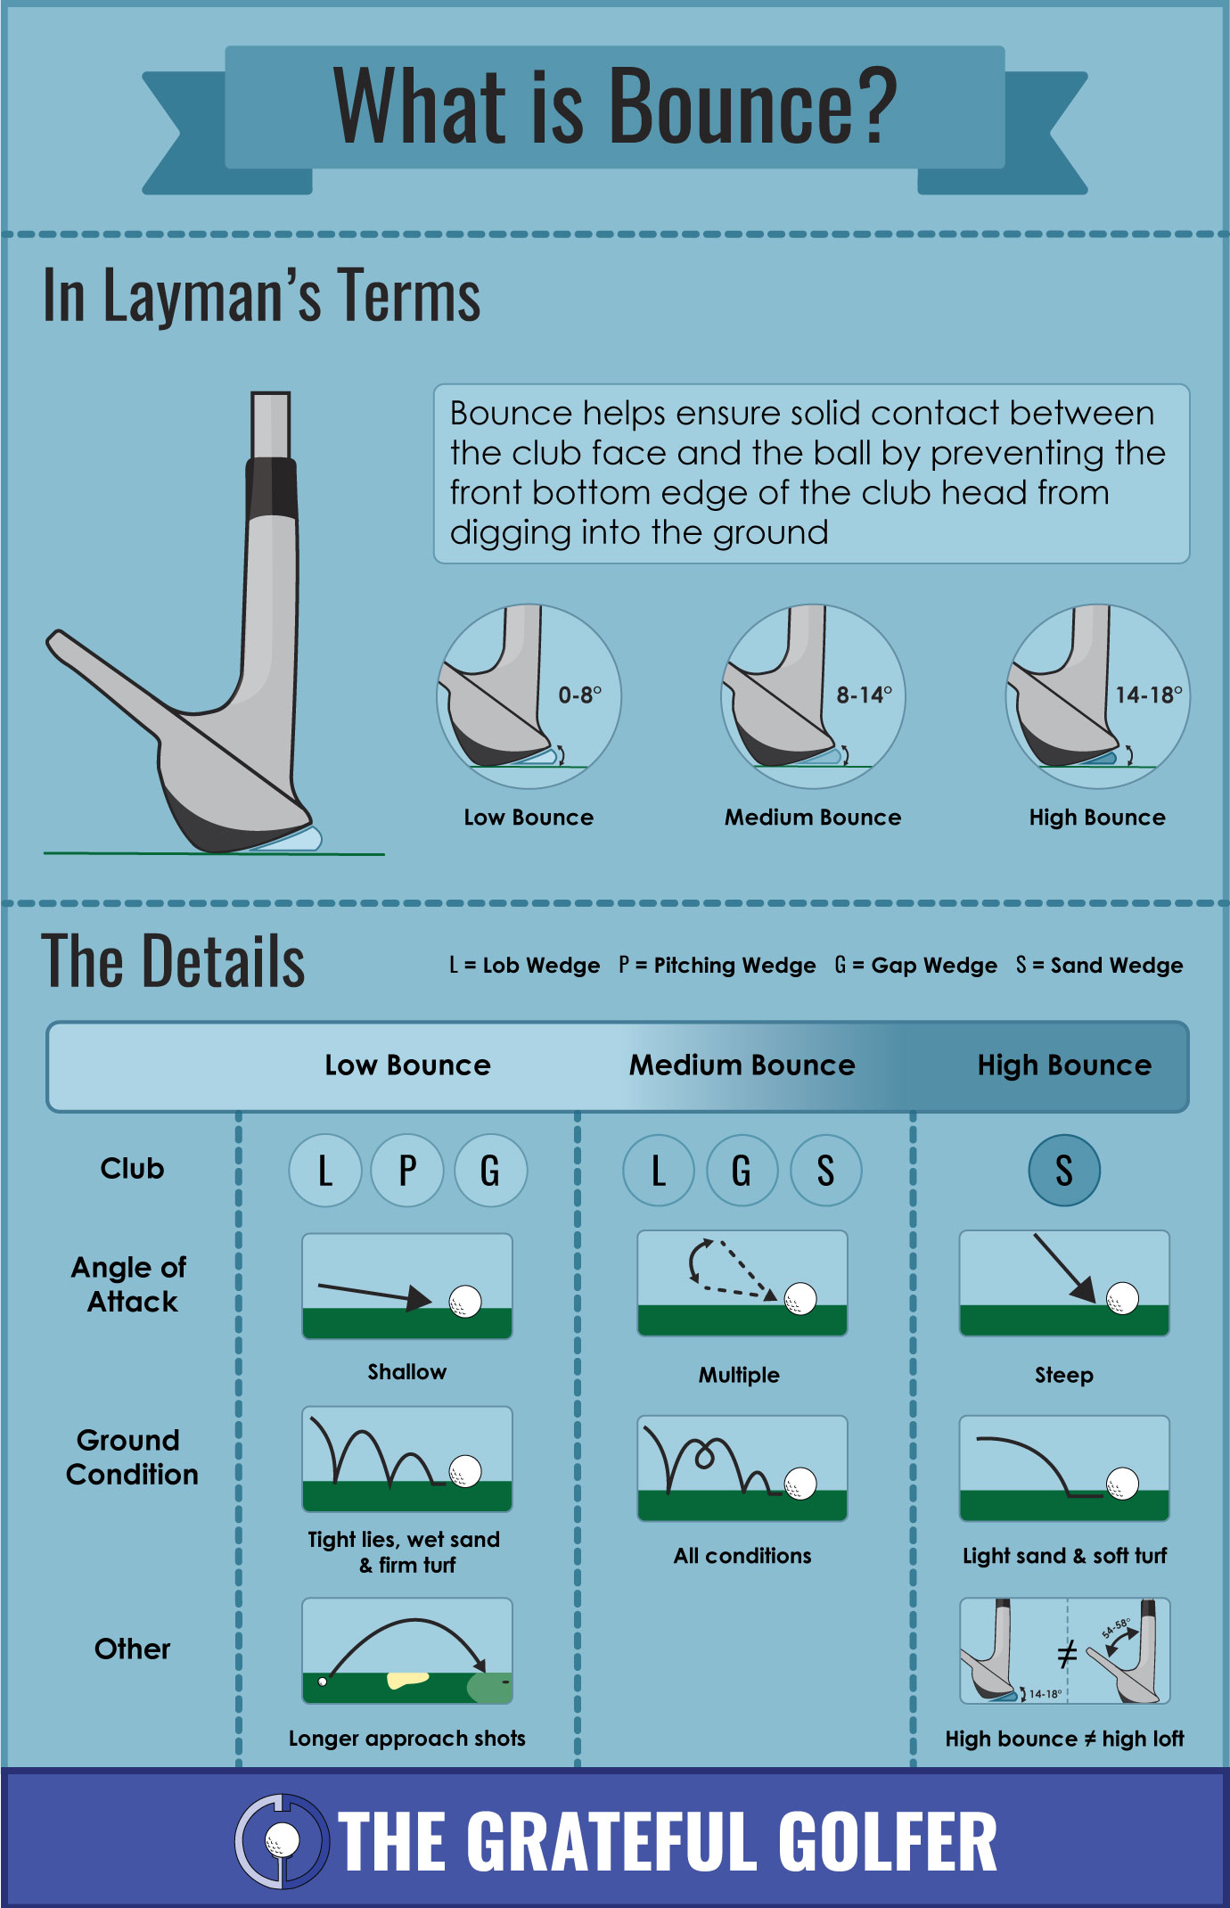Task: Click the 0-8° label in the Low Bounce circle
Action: coord(580,695)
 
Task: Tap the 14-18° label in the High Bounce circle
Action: coord(1149,695)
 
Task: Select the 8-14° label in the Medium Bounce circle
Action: coord(864,695)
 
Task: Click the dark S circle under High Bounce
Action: coord(1064,1170)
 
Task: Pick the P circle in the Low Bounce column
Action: coord(407,1170)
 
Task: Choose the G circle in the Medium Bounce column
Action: coord(742,1170)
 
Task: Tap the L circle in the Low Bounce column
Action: coord(325,1170)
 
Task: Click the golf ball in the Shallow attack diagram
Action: coord(464,1302)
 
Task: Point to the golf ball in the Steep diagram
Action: coord(1122,1298)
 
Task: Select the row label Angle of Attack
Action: coord(130,1284)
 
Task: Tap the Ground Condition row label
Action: coord(131,1457)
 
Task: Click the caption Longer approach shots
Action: coord(407,1738)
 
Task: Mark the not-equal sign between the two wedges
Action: coord(1067,1654)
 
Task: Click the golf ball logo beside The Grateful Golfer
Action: coord(283,1840)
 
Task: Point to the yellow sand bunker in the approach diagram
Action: coord(407,1681)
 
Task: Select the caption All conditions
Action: coord(742,1556)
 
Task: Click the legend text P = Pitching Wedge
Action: coord(717,966)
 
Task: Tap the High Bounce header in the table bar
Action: coord(1064,1065)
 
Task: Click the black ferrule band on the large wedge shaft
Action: coord(271,488)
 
